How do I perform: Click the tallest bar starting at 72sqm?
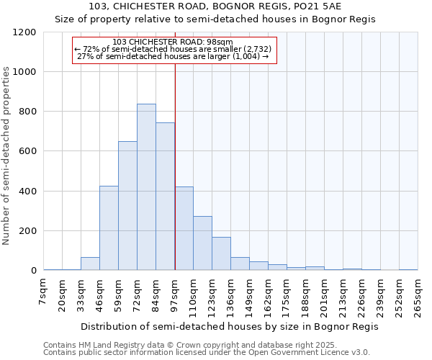click(146, 187)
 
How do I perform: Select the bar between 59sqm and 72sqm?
click(127, 206)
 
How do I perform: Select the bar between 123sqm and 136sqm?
click(221, 253)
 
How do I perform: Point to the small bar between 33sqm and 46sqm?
click(90, 264)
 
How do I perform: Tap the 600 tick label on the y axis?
click(27, 151)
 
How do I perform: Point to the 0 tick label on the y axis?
click(34, 271)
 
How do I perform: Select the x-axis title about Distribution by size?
click(229, 326)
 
